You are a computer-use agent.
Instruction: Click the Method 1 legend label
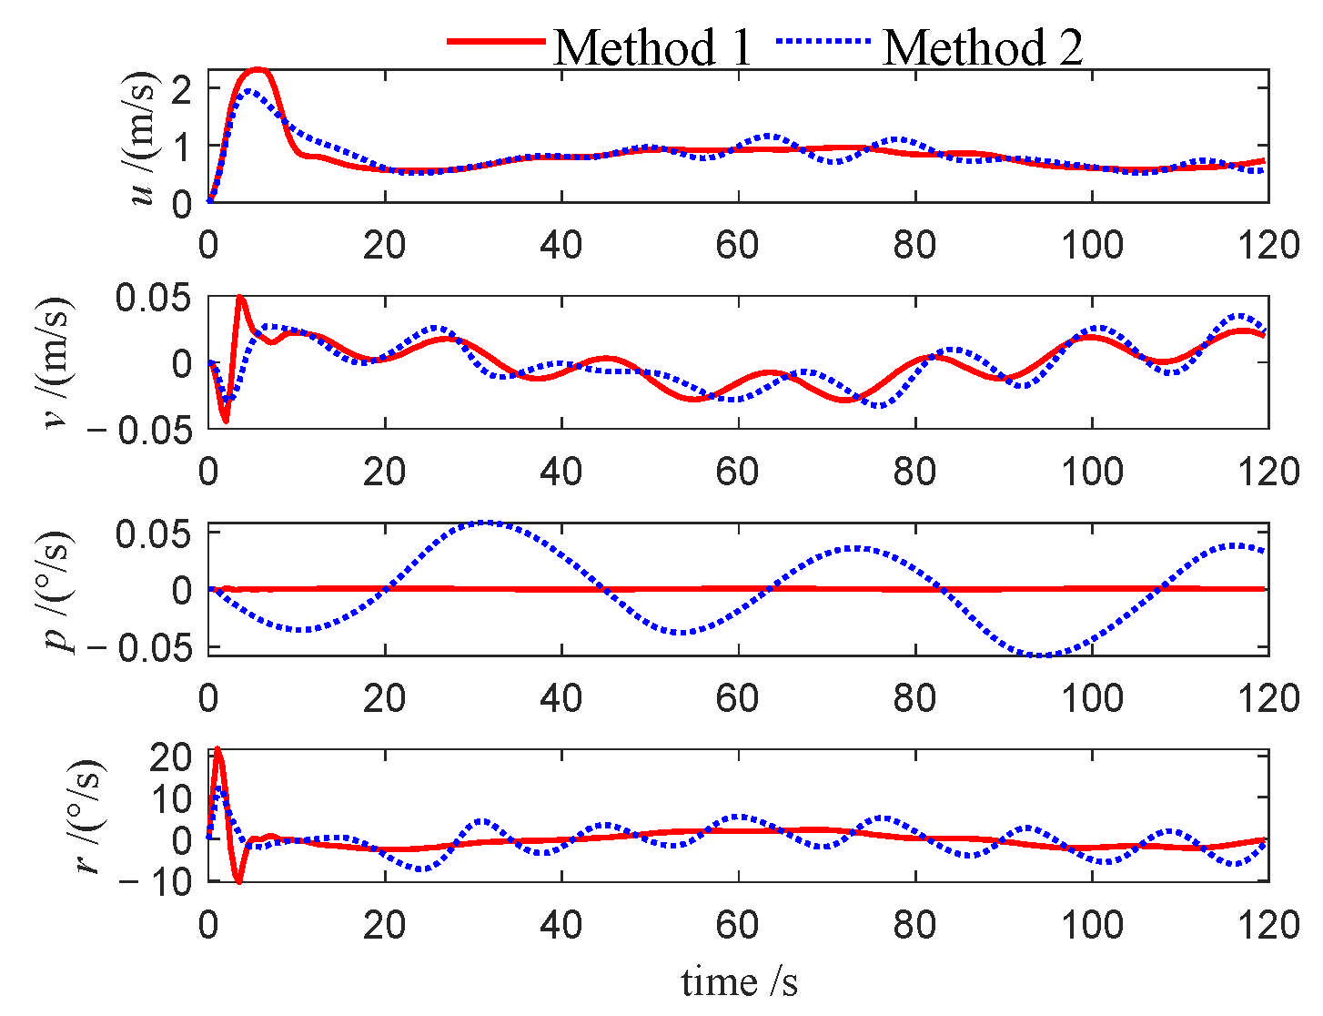(x=652, y=47)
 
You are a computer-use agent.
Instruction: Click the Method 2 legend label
(x=983, y=47)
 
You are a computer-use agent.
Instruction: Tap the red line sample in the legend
(x=496, y=41)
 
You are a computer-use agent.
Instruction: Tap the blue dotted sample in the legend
(x=823, y=41)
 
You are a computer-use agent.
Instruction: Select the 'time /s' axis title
(x=739, y=982)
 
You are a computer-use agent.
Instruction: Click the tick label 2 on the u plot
(x=186, y=88)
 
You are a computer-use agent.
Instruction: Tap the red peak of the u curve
(x=258, y=69)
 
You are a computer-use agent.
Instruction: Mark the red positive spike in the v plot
(x=240, y=297)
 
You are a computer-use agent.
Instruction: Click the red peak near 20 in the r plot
(x=217, y=750)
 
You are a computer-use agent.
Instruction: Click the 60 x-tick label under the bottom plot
(x=737, y=926)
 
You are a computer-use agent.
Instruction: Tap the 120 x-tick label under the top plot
(x=1268, y=245)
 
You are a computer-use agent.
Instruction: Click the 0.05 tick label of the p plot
(x=153, y=533)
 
